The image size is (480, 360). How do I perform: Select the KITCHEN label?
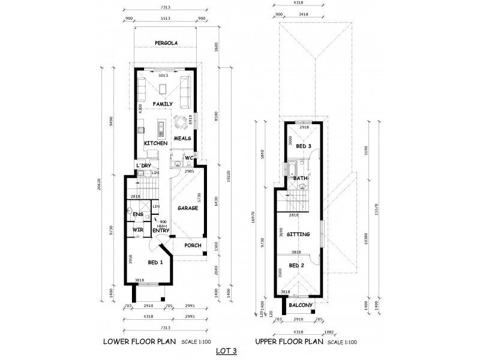click(x=155, y=143)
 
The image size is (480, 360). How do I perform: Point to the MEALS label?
click(x=182, y=138)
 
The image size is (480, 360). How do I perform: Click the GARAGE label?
click(x=187, y=208)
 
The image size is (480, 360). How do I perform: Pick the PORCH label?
click(x=193, y=245)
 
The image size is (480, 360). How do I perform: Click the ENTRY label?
click(x=160, y=230)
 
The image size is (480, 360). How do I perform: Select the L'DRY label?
click(x=143, y=165)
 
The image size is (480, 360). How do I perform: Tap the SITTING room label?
click(x=299, y=235)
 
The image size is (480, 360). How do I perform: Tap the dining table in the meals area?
click(x=181, y=123)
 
